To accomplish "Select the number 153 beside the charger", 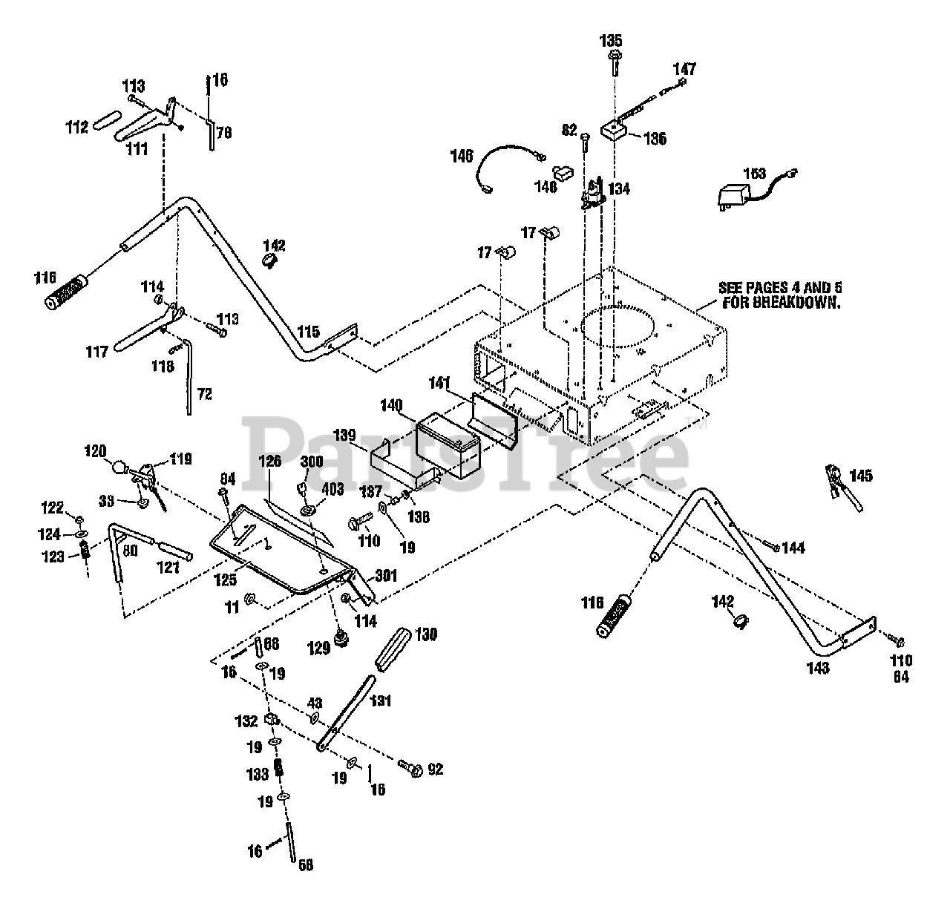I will click(x=754, y=174).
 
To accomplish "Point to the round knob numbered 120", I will click(x=119, y=468).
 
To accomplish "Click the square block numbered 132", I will click(x=272, y=719).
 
